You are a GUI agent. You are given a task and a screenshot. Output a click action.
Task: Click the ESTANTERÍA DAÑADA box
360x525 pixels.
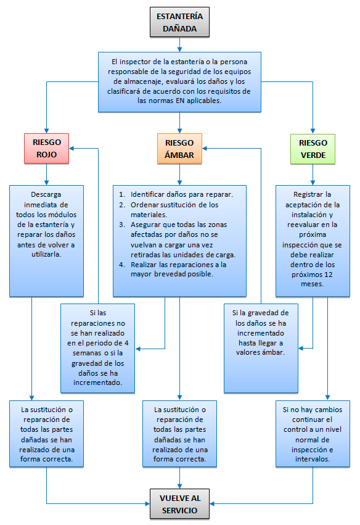pyautogui.click(x=179, y=22)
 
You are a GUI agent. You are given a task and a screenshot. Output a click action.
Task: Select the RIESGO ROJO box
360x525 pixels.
pyautogui.click(x=46, y=149)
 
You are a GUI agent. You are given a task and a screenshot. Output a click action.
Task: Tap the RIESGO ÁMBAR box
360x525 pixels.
pyautogui.click(x=179, y=149)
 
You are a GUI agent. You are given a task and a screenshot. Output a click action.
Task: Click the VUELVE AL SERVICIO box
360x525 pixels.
pyautogui.click(x=179, y=504)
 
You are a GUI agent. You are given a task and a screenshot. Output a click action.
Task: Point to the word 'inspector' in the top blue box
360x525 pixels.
pyautogui.click(x=136, y=62)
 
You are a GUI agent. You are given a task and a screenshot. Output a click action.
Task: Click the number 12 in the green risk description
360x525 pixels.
pyautogui.click(x=329, y=275)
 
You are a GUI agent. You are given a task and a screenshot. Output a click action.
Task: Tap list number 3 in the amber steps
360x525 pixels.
pyautogui.click(x=122, y=225)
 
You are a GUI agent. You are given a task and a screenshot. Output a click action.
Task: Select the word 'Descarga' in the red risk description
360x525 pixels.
pyautogui.click(x=46, y=194)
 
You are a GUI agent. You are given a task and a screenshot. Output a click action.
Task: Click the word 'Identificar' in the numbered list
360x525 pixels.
pyautogui.click(x=147, y=194)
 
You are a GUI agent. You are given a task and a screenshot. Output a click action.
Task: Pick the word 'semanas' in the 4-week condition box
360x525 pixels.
pyautogui.click(x=87, y=353)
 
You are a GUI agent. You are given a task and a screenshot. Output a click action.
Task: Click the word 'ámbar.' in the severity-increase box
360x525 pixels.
pyautogui.click(x=274, y=352)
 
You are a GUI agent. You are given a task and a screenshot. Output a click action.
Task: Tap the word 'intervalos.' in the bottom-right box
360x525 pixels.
pyautogui.click(x=313, y=459)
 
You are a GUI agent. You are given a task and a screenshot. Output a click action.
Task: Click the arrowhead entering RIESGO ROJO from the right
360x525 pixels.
pyautogui.click(x=72, y=148)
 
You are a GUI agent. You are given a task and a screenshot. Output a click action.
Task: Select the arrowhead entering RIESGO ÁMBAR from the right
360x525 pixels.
pyautogui.click(x=205, y=148)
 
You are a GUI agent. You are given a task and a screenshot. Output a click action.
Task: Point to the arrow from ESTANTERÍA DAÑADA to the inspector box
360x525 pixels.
pyautogui.click(x=179, y=44)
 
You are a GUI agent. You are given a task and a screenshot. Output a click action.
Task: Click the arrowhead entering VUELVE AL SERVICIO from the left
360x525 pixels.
pyautogui.click(x=147, y=503)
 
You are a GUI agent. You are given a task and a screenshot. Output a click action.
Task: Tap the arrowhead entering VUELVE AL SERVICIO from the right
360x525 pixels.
pyautogui.click(x=212, y=503)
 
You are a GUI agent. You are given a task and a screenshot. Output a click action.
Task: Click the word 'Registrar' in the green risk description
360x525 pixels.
pyautogui.click(x=307, y=194)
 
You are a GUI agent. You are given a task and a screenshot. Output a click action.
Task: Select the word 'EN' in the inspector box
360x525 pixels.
pyautogui.click(x=180, y=101)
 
